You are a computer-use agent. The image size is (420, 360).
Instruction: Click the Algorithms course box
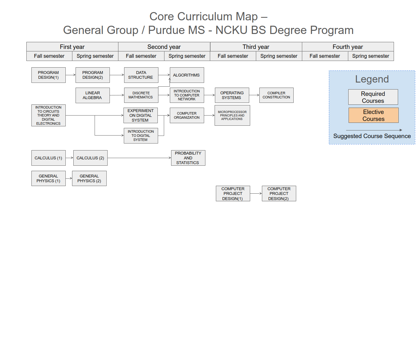pos(187,75)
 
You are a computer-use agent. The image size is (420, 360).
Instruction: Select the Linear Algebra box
pos(92,95)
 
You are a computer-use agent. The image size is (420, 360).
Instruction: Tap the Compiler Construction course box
pos(276,95)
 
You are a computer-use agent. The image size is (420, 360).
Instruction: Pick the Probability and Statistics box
pos(188,158)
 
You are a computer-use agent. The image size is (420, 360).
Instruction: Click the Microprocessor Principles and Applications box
pos(232,115)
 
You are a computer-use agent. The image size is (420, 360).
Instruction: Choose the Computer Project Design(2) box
pos(279,193)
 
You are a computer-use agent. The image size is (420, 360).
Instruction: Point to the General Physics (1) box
pos(48,178)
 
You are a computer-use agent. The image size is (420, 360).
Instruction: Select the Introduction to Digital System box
pos(141,136)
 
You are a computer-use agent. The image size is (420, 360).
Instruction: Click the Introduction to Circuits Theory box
pos(48,115)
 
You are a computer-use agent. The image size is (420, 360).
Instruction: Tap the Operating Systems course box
pos(232,95)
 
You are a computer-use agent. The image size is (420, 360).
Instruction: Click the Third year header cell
pos(256,47)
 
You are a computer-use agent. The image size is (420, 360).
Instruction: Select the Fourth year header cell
pos(348,47)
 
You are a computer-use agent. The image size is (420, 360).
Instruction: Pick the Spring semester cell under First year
pos(95,56)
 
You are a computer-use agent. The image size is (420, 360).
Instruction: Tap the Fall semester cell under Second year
pos(141,56)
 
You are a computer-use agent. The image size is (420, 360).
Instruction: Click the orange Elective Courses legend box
pos(373,115)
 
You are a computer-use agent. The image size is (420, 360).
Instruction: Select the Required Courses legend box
pos(373,97)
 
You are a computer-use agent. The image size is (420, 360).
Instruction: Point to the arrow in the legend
pos(374,130)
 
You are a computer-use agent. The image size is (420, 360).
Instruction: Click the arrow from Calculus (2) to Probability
pos(139,158)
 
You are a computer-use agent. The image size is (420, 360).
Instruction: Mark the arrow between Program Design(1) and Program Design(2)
pos(70,75)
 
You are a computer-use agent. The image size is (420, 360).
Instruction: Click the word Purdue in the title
pos(177,30)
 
